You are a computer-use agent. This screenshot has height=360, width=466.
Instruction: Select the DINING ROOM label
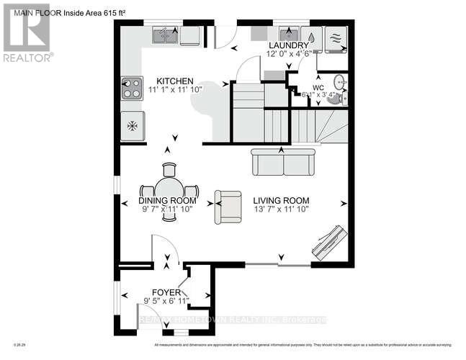(167, 201)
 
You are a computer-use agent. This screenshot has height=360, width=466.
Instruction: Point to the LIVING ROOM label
(281, 201)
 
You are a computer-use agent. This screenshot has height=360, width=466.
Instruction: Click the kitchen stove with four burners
(132, 88)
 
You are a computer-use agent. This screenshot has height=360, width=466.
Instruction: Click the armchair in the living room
(228, 207)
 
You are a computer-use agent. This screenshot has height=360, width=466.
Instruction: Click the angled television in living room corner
(330, 241)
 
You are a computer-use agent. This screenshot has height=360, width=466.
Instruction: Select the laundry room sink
(290, 35)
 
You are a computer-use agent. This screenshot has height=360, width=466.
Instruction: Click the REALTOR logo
(27, 32)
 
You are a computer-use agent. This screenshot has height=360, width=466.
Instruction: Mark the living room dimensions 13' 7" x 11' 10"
(281, 210)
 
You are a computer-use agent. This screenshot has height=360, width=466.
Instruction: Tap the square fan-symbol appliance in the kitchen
(132, 125)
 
